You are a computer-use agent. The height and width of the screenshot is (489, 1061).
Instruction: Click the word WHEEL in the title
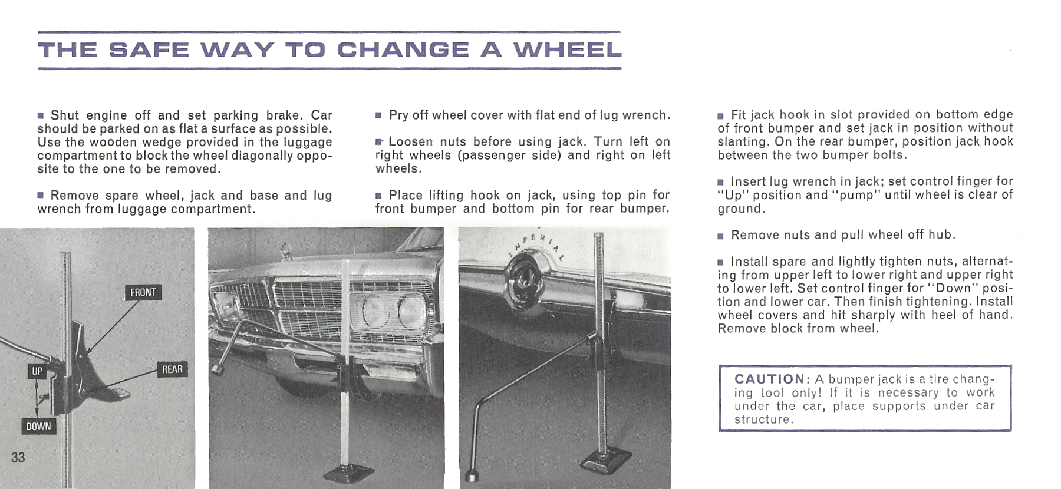(x=567, y=50)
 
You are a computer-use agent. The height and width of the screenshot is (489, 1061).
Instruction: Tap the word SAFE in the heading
(x=149, y=50)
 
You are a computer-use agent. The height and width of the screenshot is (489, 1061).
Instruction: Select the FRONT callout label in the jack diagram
(x=143, y=292)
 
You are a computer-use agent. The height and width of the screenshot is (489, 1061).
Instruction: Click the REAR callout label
(x=172, y=369)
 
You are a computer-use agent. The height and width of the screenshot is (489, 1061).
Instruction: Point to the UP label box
(x=37, y=371)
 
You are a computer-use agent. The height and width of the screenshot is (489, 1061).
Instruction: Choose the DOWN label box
(x=38, y=426)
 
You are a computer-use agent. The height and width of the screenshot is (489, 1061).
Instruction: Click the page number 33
(x=18, y=458)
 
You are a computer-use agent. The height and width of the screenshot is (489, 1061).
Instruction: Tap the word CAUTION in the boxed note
(x=769, y=379)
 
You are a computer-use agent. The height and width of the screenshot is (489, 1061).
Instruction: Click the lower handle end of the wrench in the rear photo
(x=472, y=475)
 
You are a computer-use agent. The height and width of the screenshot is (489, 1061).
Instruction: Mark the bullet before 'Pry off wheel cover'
(x=378, y=115)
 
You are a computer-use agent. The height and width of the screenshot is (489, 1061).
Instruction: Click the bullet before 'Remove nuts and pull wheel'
(x=720, y=236)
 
